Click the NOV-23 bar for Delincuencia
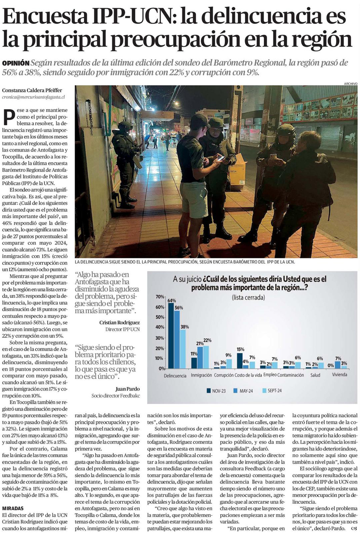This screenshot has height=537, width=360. (171, 336)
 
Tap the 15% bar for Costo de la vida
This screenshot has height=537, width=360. (240, 361)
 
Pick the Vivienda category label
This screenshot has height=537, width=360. (340, 374)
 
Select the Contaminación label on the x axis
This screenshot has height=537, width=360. (291, 375)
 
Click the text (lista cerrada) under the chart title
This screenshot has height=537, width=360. (248, 297)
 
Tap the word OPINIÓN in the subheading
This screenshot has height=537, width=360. (15, 63)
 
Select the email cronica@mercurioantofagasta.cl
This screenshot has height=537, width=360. (33, 97)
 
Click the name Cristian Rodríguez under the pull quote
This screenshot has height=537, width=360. (119, 322)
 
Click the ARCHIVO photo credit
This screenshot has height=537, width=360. (350, 84)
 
